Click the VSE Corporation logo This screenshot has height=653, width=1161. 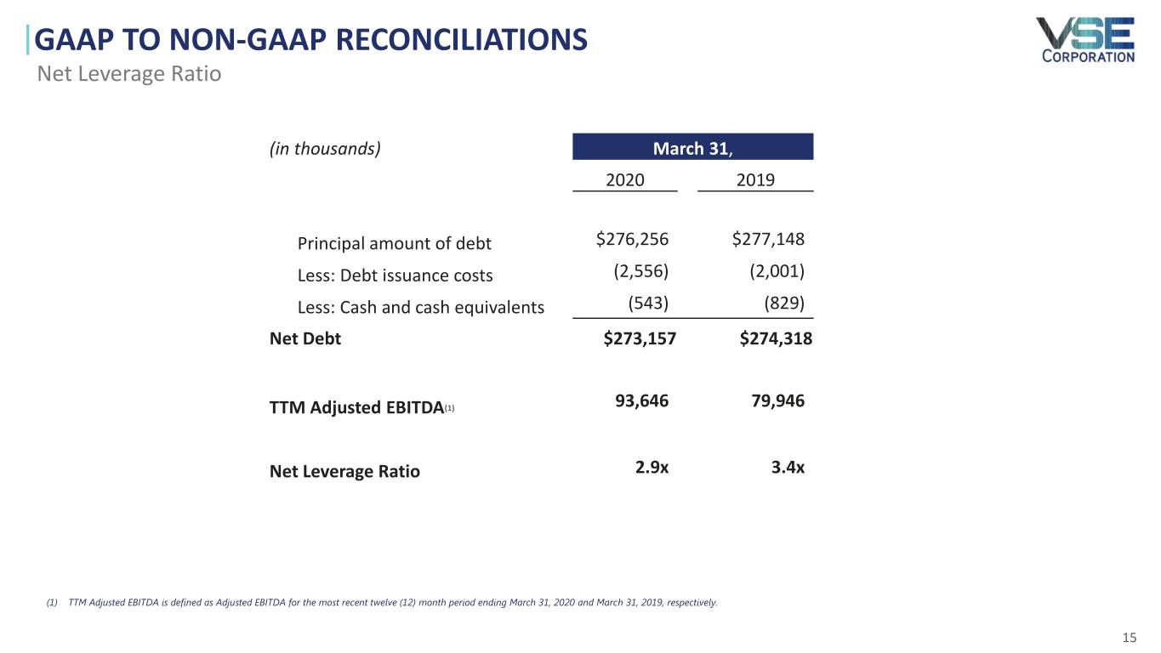pyautogui.click(x=1084, y=40)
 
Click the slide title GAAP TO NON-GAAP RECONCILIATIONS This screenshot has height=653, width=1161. pyautogui.click(x=311, y=39)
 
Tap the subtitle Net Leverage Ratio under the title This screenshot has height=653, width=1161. pyautogui.click(x=129, y=74)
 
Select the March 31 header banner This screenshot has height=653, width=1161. pyautogui.click(x=692, y=148)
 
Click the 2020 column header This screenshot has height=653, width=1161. pyautogui.click(x=624, y=180)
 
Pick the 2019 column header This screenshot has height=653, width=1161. pyautogui.click(x=755, y=180)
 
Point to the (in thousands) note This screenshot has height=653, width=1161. pyautogui.click(x=325, y=149)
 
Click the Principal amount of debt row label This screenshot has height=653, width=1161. pyautogui.click(x=394, y=244)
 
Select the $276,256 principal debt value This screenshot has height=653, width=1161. pyautogui.click(x=632, y=240)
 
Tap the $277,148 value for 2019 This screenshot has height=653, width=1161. pyautogui.click(x=768, y=240)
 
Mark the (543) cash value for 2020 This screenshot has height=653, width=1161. pyautogui.click(x=648, y=304)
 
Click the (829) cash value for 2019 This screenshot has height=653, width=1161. pyautogui.click(x=784, y=304)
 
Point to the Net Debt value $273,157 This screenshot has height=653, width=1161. pyautogui.click(x=640, y=339)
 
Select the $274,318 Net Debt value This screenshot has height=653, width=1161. pyautogui.click(x=776, y=339)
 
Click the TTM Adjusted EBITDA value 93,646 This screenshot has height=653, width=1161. pyautogui.click(x=641, y=400)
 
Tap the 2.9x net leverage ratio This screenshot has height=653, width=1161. pyautogui.click(x=652, y=467)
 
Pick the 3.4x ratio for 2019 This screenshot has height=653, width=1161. pyautogui.click(x=788, y=467)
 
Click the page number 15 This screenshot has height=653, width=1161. pyautogui.click(x=1130, y=638)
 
